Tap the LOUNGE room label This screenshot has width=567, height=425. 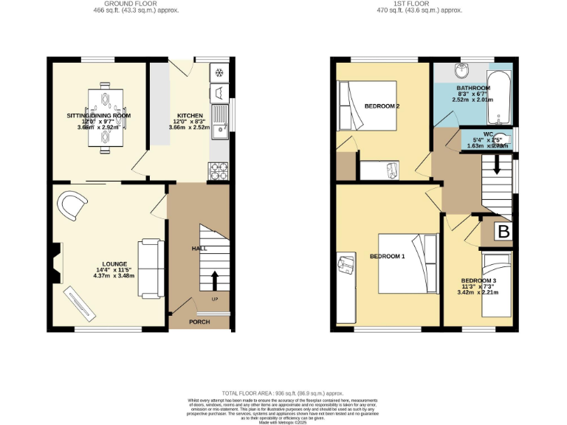(x=115, y=264)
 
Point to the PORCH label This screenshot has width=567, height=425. (x=199, y=322)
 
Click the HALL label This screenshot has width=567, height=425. (x=199, y=249)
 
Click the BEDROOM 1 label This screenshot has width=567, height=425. (x=388, y=257)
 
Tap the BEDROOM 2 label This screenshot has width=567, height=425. (x=382, y=106)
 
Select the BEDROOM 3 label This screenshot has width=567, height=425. (x=479, y=281)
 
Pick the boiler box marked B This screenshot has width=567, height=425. (x=504, y=232)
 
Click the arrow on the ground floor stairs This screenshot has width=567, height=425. (x=215, y=281)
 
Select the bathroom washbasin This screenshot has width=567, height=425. (x=461, y=72)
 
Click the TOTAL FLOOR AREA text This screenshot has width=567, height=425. (x=283, y=393)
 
